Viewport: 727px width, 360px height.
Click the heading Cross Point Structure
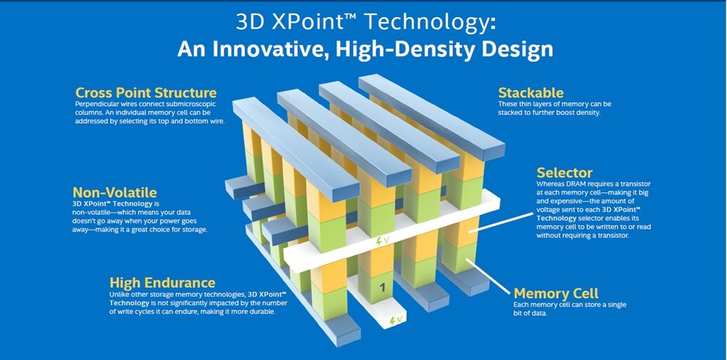tap(146, 92)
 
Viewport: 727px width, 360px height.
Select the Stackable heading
tap(530, 92)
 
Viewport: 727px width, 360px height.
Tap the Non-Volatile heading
tap(114, 192)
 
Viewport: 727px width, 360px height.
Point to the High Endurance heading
tap(163, 283)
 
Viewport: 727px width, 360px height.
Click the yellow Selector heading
tap(564, 173)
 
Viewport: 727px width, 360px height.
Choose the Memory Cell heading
tap(556, 293)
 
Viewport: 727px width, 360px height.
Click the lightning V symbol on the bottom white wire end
tap(396, 320)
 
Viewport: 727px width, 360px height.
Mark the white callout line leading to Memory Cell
tap(488, 276)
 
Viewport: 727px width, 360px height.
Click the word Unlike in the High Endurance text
tap(119, 294)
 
